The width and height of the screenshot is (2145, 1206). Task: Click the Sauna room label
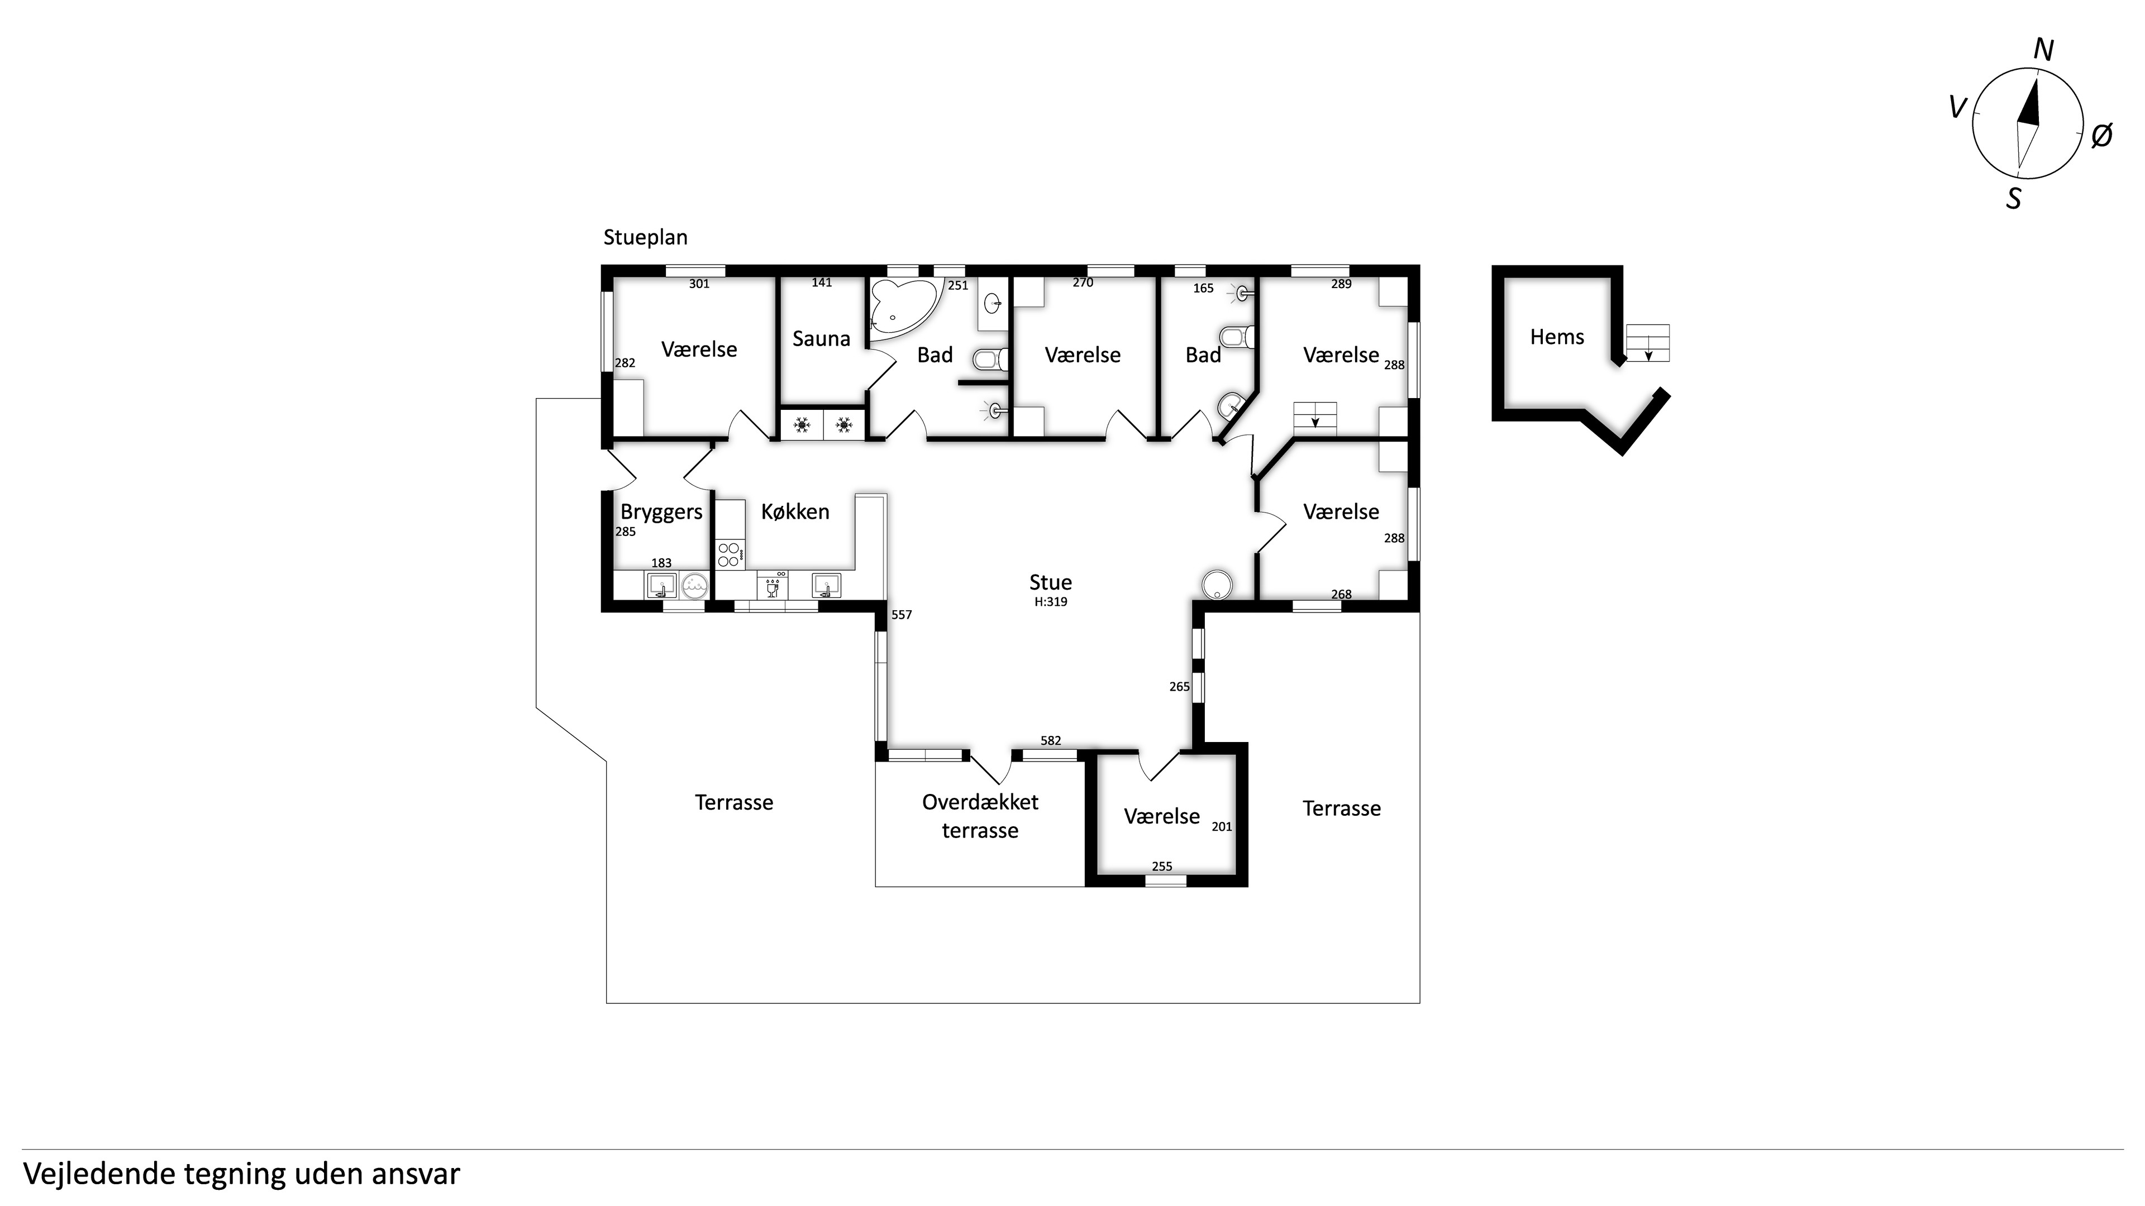[821, 339]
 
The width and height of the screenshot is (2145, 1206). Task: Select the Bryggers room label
[661, 513]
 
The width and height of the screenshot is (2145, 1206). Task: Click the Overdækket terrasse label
[980, 816]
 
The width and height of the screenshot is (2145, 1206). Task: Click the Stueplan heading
[645, 238]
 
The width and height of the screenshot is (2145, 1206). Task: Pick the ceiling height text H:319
[1051, 602]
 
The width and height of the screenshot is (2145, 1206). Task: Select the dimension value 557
[902, 615]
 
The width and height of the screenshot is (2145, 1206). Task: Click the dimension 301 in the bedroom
[699, 284]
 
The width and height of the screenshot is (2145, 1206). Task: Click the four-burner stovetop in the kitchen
[728, 554]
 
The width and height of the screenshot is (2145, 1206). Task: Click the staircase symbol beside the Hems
[1648, 343]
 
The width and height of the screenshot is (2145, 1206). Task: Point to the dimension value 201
[1222, 826]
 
